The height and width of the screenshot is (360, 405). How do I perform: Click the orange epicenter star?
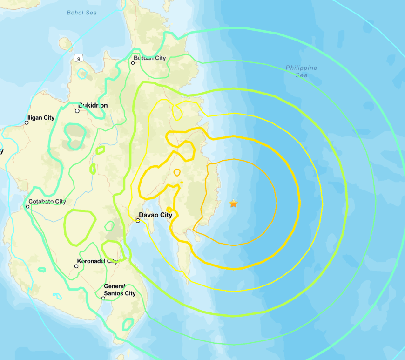[x=233, y=204]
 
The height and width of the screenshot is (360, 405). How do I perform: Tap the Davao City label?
[x=156, y=215]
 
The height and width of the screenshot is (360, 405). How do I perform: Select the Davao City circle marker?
[x=138, y=221]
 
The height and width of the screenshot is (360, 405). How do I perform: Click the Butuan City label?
[x=149, y=58]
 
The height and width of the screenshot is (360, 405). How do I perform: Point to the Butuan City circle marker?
[x=133, y=63]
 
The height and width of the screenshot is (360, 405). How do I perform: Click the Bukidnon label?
[x=93, y=106]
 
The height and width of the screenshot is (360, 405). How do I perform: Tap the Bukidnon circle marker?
[x=77, y=111]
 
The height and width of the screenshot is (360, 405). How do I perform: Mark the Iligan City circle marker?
[x=27, y=122]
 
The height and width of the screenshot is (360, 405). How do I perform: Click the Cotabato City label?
[x=47, y=202]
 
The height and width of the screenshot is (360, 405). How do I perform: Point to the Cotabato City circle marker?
[x=27, y=206]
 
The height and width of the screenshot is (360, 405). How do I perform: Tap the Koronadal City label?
[x=98, y=261]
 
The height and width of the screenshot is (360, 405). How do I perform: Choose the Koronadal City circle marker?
[x=76, y=266]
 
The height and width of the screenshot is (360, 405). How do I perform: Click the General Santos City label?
[x=120, y=290]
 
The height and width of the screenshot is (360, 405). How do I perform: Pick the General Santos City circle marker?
[x=103, y=298]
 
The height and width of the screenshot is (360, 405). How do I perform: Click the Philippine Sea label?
[x=301, y=71]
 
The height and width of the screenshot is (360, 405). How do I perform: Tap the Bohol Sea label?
[x=81, y=13]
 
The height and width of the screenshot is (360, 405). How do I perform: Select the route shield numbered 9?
[x=78, y=57]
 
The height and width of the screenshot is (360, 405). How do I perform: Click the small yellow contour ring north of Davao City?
[x=176, y=172]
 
